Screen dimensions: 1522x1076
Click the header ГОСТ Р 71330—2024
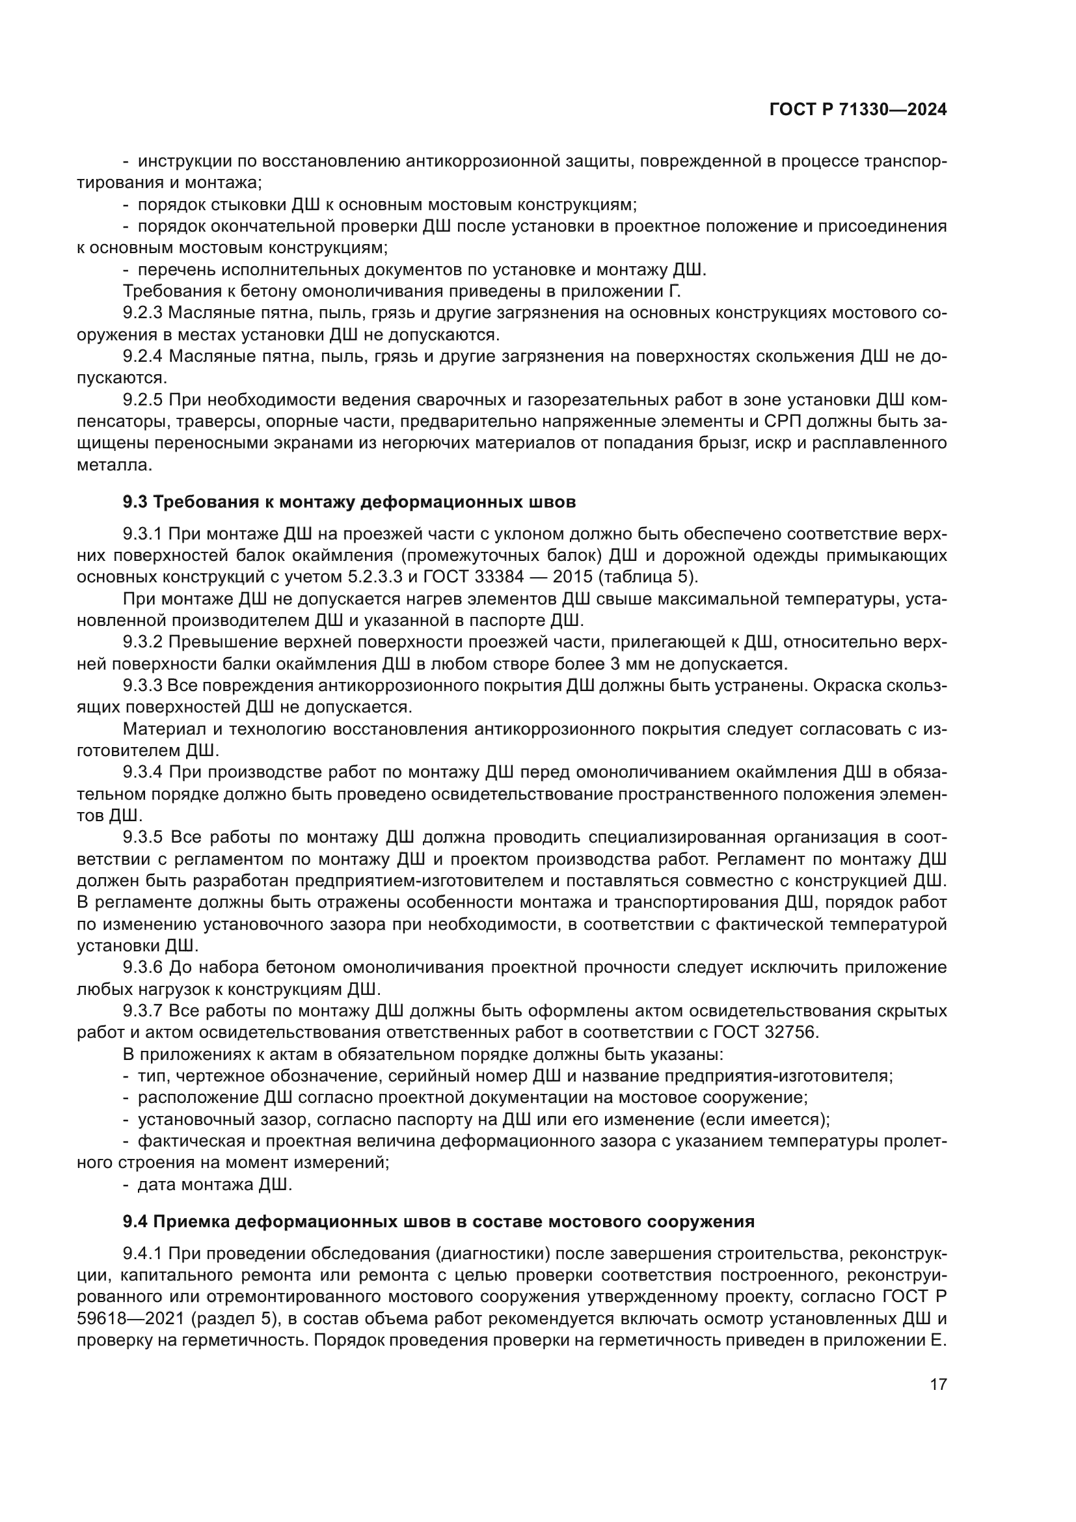857,110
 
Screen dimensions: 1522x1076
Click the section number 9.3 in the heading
135,502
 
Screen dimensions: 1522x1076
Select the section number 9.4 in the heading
135,1221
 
